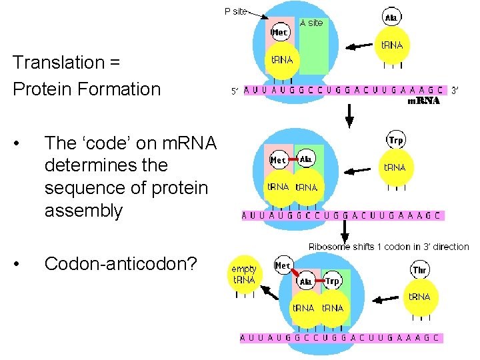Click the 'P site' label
[235, 11]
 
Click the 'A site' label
[311, 23]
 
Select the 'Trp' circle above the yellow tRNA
[396, 141]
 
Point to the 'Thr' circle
[420, 270]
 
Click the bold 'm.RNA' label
[423, 101]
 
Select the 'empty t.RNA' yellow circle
[243, 275]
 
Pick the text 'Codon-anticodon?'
[121, 264]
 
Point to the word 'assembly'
[83, 211]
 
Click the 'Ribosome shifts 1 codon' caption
[389, 247]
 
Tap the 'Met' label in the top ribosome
[280, 32]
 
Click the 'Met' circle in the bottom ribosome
[283, 266]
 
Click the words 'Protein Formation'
[87, 89]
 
